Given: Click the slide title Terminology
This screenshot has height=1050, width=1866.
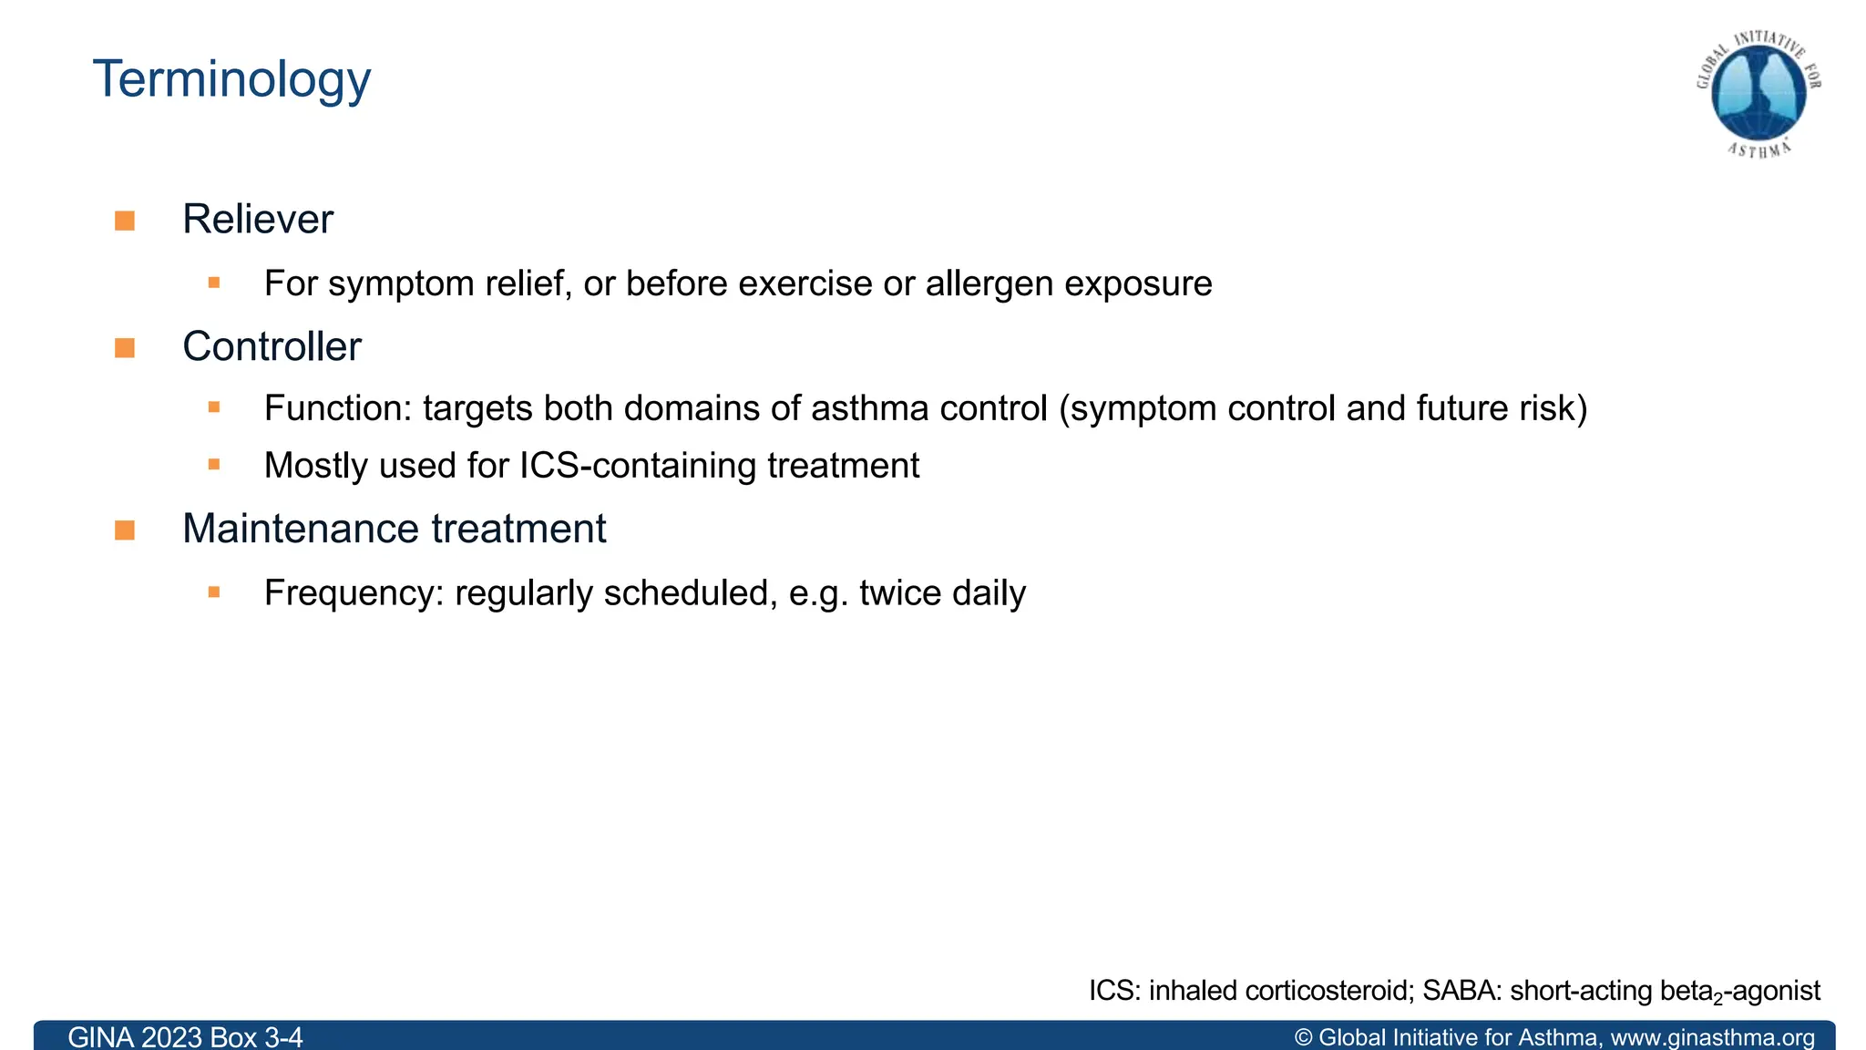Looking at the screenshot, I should click(231, 80).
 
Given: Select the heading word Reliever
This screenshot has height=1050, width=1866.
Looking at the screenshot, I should click(258, 220).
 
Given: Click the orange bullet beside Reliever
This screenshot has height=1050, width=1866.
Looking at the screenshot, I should click(125, 221).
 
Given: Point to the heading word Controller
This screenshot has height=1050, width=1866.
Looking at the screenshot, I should click(272, 347).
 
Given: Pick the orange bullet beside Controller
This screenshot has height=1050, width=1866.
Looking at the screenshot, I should click(125, 348).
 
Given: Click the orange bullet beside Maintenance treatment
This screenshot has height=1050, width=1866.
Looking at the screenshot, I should click(125, 530).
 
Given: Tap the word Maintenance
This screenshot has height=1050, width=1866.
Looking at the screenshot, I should click(300, 530).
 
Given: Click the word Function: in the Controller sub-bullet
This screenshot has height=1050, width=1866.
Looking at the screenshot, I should click(338, 408).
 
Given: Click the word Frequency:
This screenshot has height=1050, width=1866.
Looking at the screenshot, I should click(354, 593).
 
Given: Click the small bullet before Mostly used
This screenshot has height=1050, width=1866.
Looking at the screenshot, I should click(214, 465).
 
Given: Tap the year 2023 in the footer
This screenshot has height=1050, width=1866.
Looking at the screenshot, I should click(171, 1037).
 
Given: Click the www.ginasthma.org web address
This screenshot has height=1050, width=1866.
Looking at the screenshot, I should click(1713, 1037).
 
